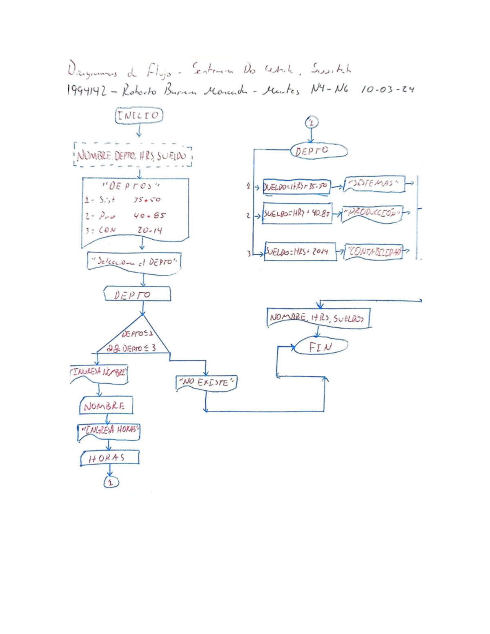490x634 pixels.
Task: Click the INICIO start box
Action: point(139,115)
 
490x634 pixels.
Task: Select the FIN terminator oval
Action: point(321,347)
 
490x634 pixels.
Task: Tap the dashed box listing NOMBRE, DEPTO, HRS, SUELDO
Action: point(133,155)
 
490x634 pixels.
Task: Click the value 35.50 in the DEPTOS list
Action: point(147,200)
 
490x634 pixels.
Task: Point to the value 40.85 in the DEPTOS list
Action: point(149,215)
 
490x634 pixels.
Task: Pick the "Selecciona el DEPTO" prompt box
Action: point(134,261)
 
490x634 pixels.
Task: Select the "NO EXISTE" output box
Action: point(207,383)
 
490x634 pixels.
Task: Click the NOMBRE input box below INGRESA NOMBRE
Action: point(106,406)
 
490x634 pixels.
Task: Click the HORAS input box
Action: point(109,458)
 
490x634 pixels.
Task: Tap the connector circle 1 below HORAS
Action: point(111,483)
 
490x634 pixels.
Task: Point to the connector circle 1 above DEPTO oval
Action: point(312,122)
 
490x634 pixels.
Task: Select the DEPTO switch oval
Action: point(318,151)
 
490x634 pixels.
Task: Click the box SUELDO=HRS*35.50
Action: point(296,187)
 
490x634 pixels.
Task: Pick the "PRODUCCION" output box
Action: point(372,213)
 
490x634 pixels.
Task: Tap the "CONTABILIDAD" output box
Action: point(374,251)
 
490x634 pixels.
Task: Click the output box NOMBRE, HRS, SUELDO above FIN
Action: point(318,318)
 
